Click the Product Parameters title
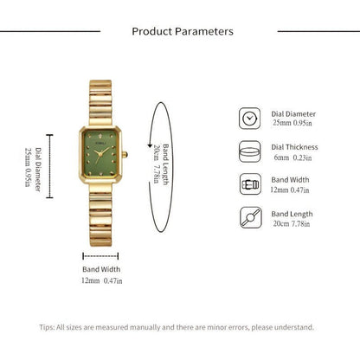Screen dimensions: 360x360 click(182, 31)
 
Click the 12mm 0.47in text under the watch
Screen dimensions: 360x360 click(101, 281)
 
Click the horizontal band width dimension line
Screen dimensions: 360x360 click(101, 255)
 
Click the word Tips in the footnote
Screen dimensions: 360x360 click(47, 327)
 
